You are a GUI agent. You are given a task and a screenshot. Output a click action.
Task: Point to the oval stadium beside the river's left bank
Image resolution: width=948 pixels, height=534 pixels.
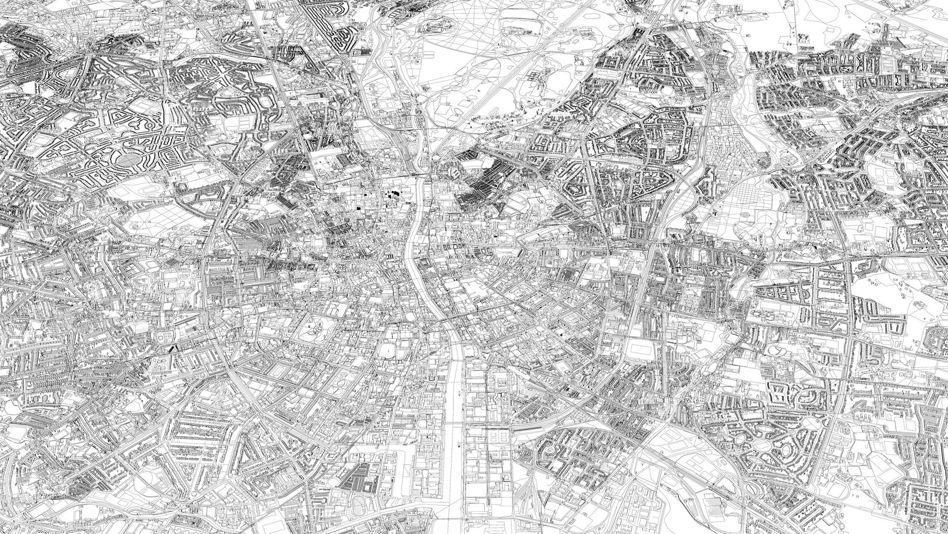[x=389, y=351]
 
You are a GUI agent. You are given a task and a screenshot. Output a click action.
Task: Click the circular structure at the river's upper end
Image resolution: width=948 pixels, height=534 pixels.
[x=436, y=160]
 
